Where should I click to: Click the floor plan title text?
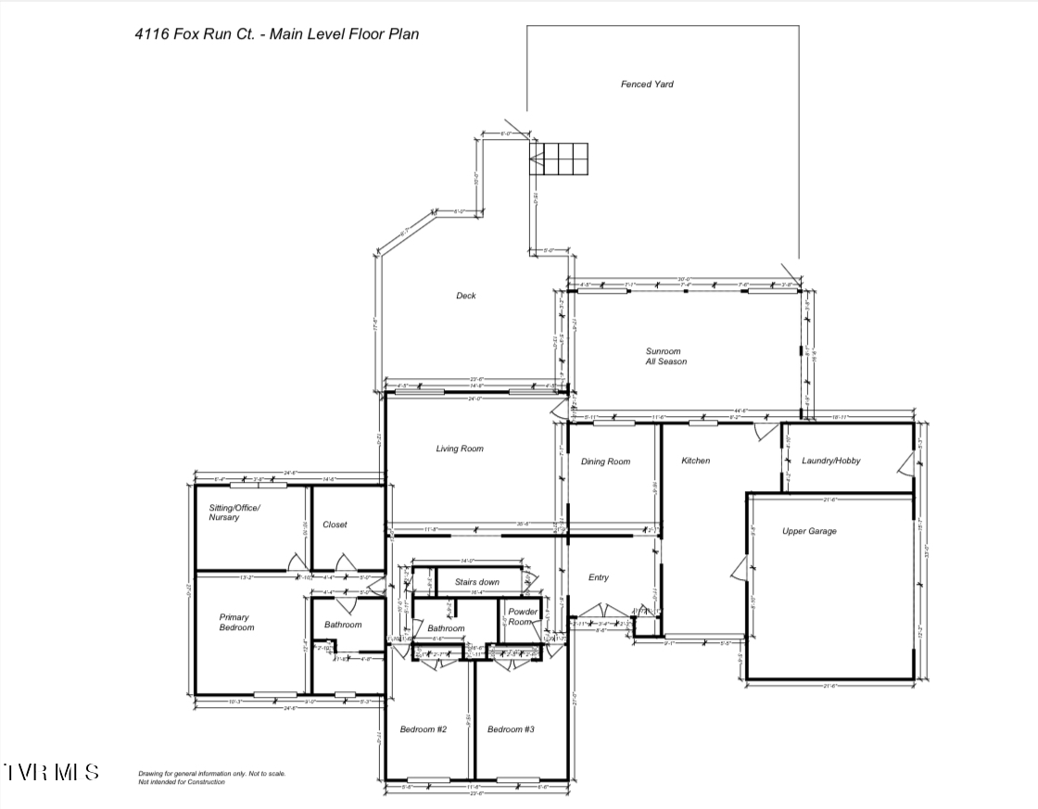point(277,34)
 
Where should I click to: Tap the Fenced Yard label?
point(647,84)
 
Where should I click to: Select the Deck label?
point(465,296)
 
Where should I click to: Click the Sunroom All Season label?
point(666,357)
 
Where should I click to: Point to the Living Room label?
point(460,449)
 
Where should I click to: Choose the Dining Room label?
point(605,461)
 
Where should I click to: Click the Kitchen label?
point(695,461)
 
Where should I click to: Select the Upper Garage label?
point(809,531)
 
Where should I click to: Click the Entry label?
point(599,577)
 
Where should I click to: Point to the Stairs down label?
point(476,582)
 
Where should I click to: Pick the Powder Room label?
point(523,617)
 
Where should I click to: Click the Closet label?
point(335,525)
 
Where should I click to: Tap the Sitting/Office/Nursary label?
point(234,512)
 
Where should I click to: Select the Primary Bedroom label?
point(236,622)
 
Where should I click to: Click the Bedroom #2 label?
point(424,729)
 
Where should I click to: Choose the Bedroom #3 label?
point(511,729)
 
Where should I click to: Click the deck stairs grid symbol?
point(559,158)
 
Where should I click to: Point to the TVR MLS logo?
point(52,772)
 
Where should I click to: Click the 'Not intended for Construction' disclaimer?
point(182,782)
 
